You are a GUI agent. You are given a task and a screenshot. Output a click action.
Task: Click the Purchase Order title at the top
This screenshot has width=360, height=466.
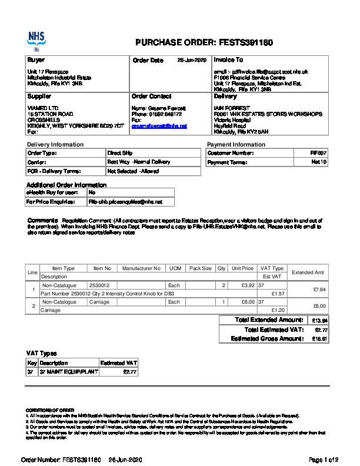[x=204, y=43]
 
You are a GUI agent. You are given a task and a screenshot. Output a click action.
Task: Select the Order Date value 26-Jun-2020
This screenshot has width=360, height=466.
[x=192, y=61]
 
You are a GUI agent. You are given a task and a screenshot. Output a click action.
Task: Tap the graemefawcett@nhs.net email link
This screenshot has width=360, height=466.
[x=159, y=126]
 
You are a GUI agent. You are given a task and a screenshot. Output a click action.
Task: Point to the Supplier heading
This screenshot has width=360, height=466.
[x=39, y=96]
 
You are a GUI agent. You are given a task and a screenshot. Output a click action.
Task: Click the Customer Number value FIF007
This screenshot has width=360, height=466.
[x=318, y=153]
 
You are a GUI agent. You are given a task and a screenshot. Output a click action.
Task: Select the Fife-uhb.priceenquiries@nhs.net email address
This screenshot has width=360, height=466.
[x=124, y=201]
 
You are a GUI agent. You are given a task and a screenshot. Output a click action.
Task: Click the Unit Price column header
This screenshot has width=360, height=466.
[x=242, y=268]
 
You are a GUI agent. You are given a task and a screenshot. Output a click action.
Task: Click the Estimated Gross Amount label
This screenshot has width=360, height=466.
[x=266, y=339]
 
